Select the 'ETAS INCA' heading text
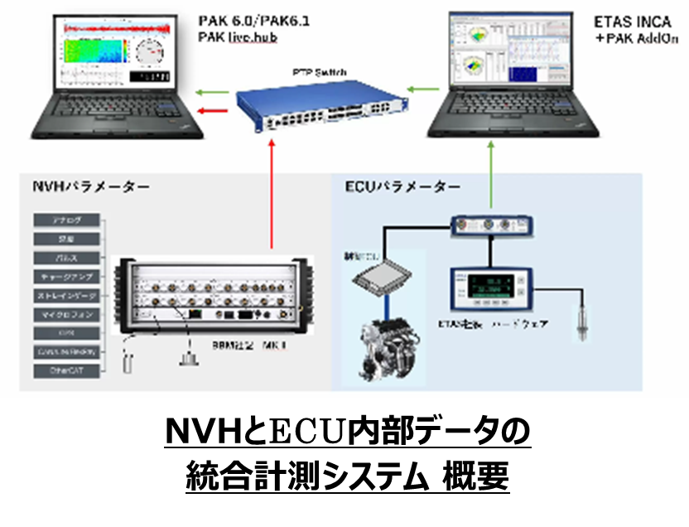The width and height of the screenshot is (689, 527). tap(632, 22)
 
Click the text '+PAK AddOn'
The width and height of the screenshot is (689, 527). tap(635, 39)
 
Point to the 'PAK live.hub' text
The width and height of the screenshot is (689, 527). tap(237, 37)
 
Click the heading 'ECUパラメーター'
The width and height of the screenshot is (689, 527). tap(401, 187)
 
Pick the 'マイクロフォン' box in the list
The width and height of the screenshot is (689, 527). tap(67, 315)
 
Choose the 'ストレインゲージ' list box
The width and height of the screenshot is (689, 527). tap(67, 296)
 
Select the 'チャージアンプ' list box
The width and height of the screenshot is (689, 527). tap(67, 277)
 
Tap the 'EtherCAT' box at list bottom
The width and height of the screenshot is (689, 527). tap(67, 370)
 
